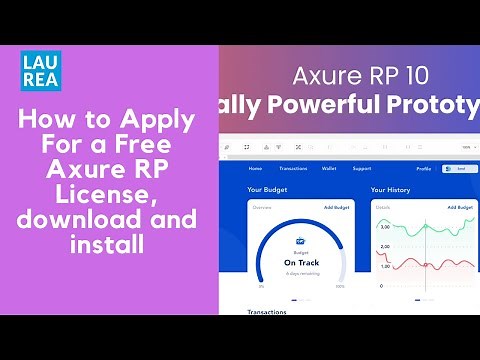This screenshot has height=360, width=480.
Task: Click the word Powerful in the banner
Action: (x=322, y=105)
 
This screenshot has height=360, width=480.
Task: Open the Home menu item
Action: (x=255, y=169)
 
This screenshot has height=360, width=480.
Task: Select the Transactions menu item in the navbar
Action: (x=293, y=169)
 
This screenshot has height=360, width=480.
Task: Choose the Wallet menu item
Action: (x=329, y=169)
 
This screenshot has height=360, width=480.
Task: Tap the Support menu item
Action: (x=362, y=169)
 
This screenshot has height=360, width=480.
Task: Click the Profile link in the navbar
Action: (x=424, y=169)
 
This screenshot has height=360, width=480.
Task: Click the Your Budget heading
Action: (x=268, y=189)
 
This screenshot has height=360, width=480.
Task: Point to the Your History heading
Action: (x=391, y=189)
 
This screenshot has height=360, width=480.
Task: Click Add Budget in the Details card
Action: (x=460, y=207)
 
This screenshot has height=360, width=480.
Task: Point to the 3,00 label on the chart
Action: (x=385, y=228)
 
